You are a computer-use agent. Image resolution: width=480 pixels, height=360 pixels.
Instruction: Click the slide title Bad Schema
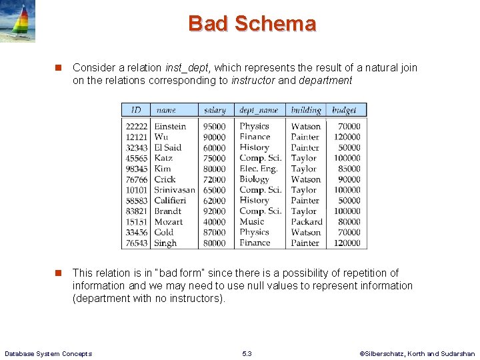(252, 24)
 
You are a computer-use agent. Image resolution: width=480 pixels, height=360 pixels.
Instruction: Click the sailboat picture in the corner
(17, 21)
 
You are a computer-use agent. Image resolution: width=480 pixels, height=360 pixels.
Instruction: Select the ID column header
(136, 110)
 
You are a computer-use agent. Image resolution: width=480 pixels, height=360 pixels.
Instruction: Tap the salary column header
(215, 110)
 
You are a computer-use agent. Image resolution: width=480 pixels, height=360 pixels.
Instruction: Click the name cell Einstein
(170, 126)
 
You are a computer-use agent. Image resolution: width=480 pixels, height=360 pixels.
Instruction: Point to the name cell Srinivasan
(175, 190)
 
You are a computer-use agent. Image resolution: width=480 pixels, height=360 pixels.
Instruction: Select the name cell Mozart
(168, 222)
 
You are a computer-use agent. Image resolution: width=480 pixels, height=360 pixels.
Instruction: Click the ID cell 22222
(136, 126)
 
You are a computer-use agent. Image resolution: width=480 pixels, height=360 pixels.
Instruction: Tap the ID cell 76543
(136, 243)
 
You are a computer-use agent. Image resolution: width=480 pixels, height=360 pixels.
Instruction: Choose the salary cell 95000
(215, 126)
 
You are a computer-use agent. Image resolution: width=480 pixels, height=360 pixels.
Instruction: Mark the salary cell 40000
(215, 222)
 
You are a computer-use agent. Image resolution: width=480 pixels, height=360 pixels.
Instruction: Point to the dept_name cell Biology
(254, 179)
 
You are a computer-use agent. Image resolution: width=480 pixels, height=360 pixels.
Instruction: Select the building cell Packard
(306, 222)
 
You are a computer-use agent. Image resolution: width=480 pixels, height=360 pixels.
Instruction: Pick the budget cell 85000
(349, 169)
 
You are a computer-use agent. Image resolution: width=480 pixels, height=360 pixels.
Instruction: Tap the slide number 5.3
(247, 353)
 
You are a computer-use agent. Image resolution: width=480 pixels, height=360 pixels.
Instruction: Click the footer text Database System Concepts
(48, 353)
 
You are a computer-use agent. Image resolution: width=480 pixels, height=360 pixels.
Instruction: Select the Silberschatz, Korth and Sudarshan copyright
(417, 353)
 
